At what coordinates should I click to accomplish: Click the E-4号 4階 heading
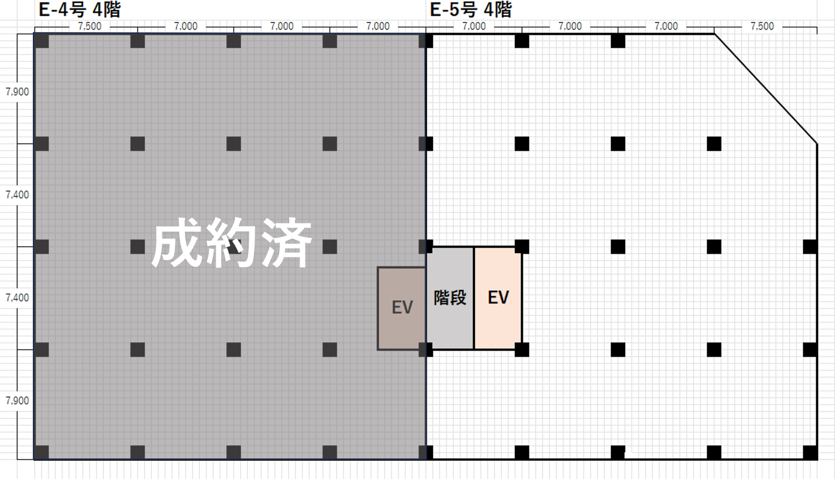[79, 9]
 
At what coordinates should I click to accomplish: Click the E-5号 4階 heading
[471, 9]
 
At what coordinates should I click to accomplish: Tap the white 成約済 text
[232, 243]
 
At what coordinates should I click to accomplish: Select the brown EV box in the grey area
[402, 308]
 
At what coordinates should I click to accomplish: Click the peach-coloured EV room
[498, 298]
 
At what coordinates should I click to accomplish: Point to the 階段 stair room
[450, 298]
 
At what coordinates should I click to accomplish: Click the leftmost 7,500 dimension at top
[90, 26]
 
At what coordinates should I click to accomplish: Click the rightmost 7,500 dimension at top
[762, 26]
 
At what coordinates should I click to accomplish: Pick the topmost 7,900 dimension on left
[17, 92]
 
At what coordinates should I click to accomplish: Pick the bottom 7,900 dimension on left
[17, 400]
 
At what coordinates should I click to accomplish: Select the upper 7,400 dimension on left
[17, 195]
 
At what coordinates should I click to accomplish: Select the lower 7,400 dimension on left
[17, 298]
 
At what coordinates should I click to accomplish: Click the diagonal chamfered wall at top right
[766, 88]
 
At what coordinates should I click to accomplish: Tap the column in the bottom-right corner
[810, 453]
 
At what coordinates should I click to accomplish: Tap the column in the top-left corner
[42, 41]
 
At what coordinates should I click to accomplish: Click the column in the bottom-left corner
[42, 452]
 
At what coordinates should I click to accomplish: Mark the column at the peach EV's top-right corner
[522, 247]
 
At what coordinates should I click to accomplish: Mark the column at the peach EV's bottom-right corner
[522, 349]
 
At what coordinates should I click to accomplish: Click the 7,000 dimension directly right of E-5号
[474, 26]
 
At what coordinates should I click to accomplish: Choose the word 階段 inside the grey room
[450, 298]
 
